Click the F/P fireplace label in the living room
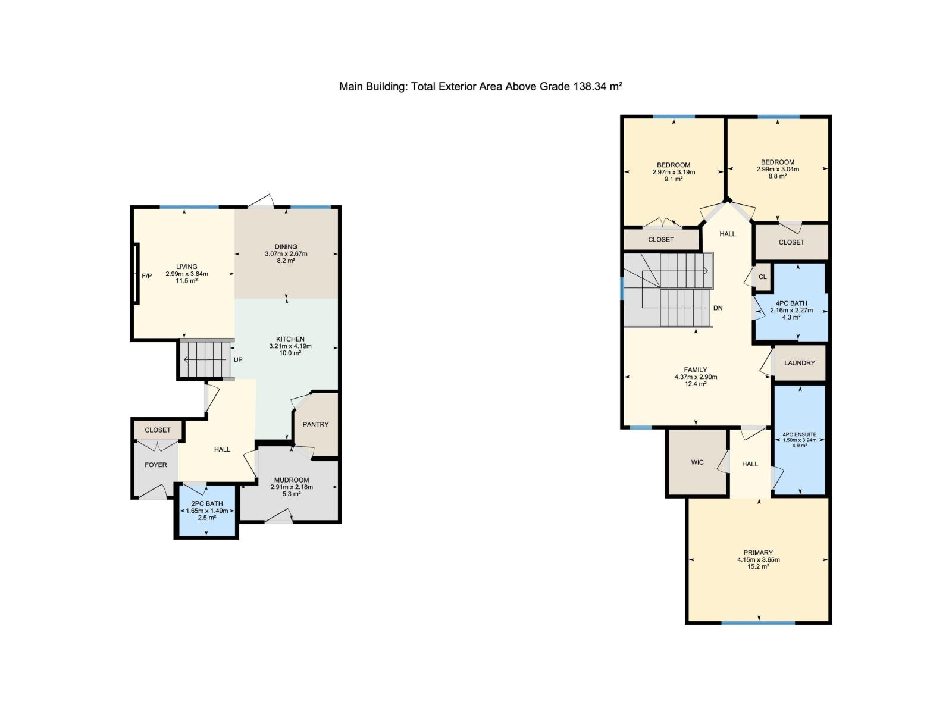(x=146, y=276)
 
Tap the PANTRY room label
(x=315, y=424)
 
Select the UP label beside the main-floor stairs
(x=238, y=360)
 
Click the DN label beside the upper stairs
(x=718, y=308)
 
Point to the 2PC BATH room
(x=206, y=511)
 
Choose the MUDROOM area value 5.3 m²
(x=292, y=494)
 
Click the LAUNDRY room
(x=799, y=363)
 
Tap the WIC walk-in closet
(x=697, y=462)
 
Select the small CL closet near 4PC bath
(x=762, y=277)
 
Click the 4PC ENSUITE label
(x=800, y=434)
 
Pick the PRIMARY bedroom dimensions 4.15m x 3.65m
(x=758, y=560)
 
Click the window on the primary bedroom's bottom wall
(x=758, y=623)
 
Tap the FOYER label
(x=156, y=465)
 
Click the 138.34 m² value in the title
(x=597, y=87)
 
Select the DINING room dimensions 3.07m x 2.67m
(x=286, y=254)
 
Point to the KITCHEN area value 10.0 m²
(x=290, y=353)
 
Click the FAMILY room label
(x=696, y=370)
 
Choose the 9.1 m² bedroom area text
(x=674, y=179)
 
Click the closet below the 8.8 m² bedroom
(x=791, y=242)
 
